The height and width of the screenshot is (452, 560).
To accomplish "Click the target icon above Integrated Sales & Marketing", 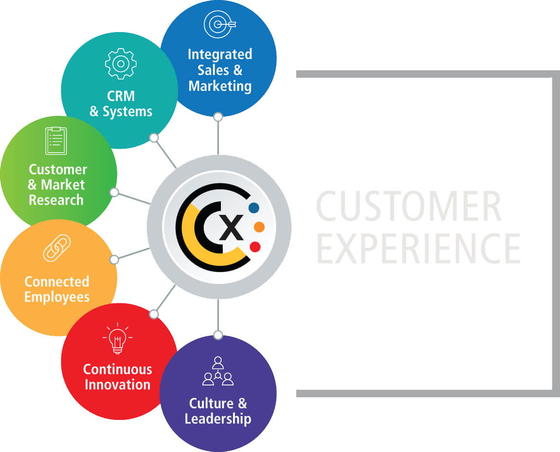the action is pos(219,24).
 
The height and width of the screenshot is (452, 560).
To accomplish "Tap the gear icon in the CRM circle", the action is pos(121,64).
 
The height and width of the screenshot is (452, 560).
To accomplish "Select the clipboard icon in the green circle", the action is pos(56,140).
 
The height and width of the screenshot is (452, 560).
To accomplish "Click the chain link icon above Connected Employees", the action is pos(57,248).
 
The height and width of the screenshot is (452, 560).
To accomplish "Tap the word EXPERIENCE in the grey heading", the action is pos(418,248).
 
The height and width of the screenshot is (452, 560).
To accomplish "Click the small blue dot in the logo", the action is pos(253,208).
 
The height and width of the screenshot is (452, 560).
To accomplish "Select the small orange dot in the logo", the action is pos(259,227).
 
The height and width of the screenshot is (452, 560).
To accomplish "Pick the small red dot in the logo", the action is pos(255,246).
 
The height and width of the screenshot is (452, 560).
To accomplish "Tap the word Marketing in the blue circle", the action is pos(220,87).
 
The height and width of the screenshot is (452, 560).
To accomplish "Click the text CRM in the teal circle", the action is pos(121,96).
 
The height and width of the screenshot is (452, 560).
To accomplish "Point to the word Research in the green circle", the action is pos(56,200).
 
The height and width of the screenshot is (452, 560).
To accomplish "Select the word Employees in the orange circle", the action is pos(57,297).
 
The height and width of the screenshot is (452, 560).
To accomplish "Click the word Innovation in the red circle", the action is pos(118,384).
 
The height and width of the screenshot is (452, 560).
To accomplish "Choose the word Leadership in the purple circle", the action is pos(218,419).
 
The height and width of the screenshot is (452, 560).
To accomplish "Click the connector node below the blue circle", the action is pos(218,117).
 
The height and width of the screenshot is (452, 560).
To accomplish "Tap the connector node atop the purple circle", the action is pos(218,335).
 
